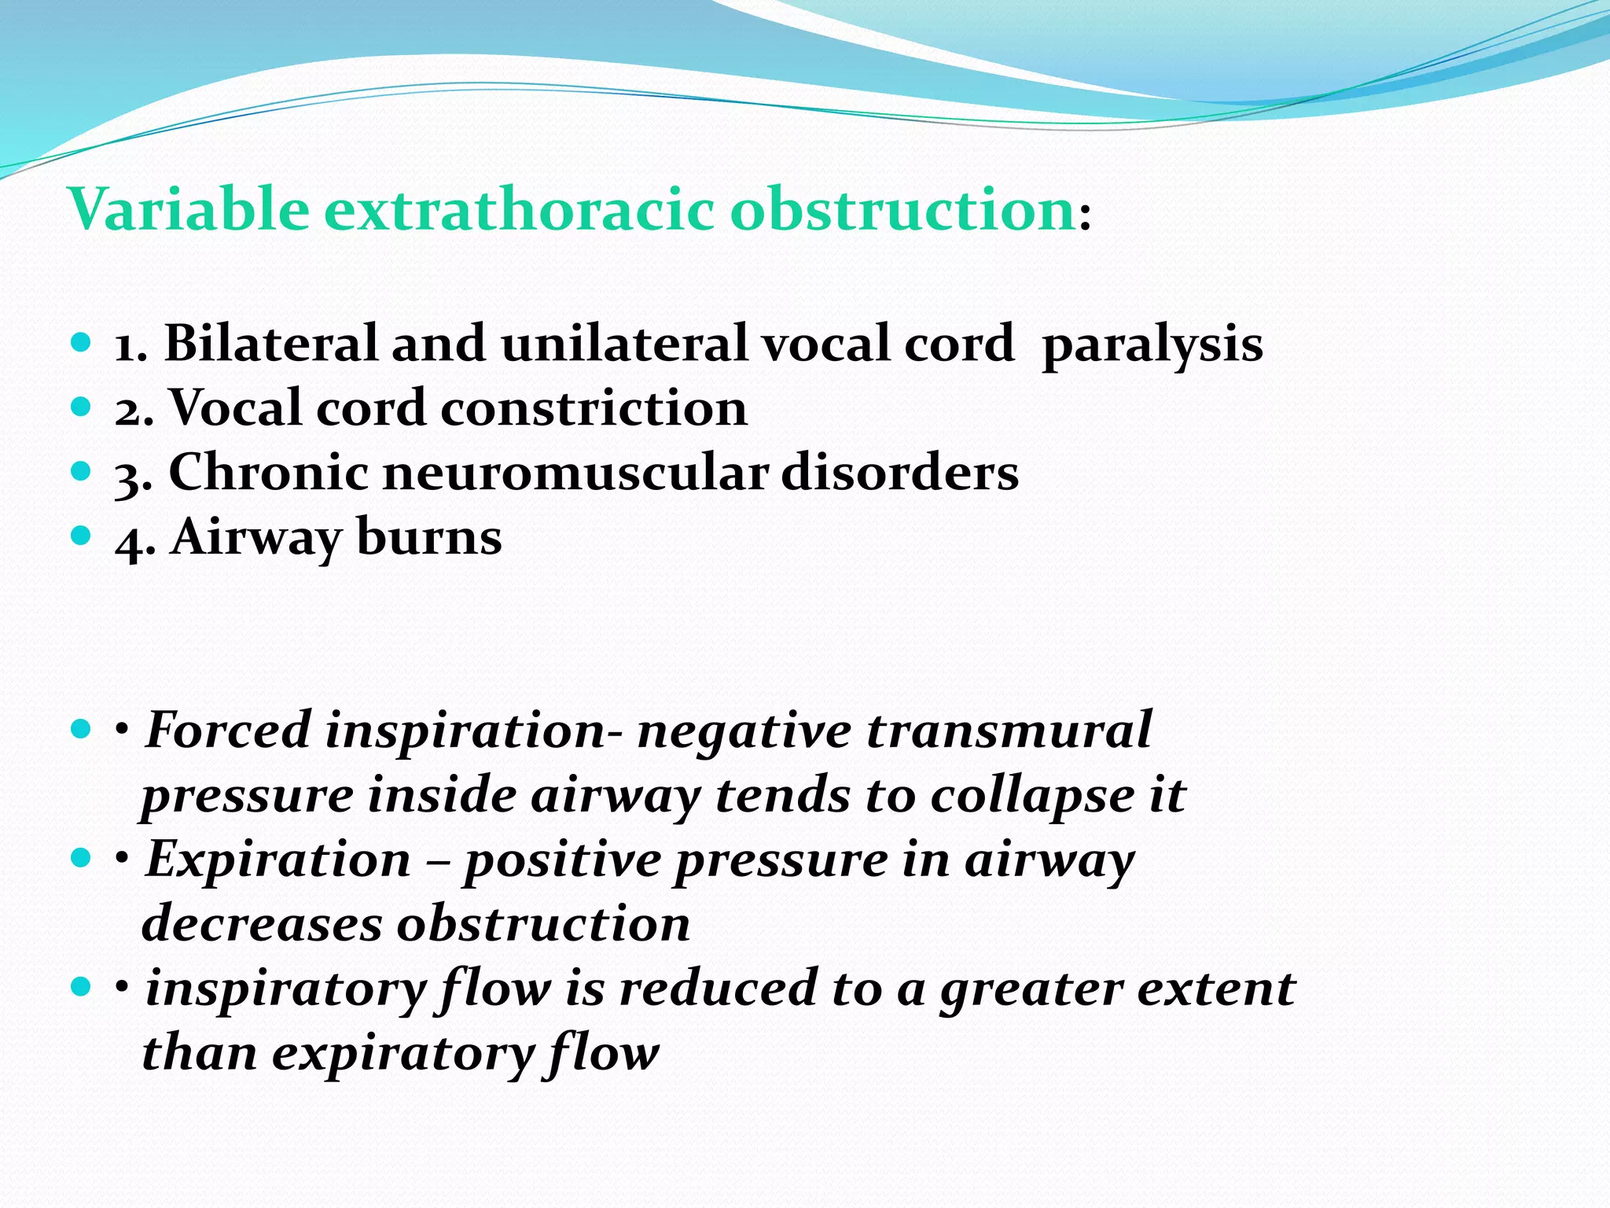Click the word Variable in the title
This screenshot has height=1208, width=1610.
pos(189,210)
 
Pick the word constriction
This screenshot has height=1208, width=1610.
pos(594,409)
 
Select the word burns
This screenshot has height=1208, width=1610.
pos(429,538)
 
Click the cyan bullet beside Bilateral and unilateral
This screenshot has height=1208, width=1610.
pos(81,343)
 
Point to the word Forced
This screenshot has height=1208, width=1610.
pos(228,730)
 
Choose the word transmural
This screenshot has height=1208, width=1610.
pos(1009,730)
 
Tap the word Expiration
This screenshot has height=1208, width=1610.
pos(278,860)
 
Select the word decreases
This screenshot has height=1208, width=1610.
pos(261,924)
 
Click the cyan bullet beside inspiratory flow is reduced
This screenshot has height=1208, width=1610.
pos(81,986)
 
